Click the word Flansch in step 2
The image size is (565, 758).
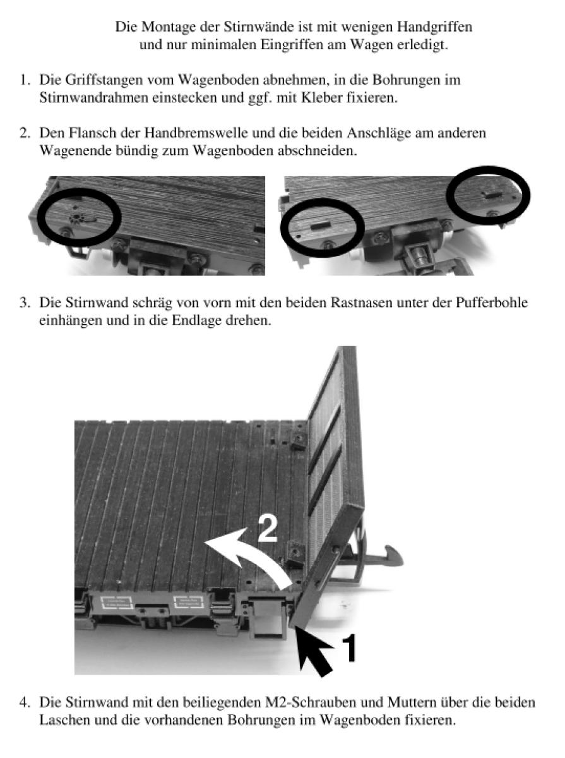(82, 135)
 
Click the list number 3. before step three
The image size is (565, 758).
(25, 303)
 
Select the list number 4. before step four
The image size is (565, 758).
(25, 702)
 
